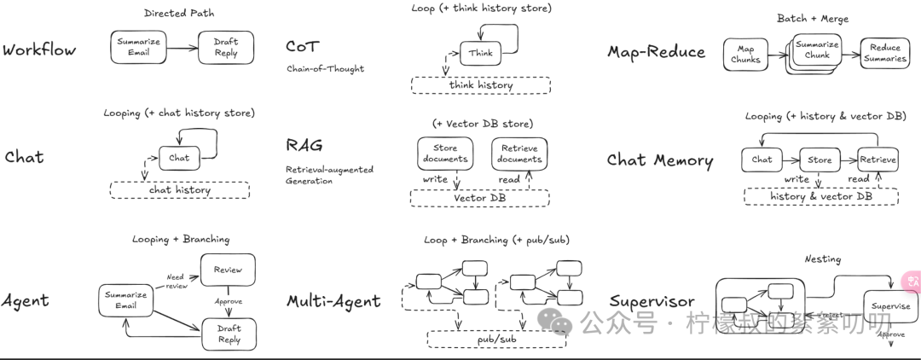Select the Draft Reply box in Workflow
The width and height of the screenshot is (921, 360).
click(225, 47)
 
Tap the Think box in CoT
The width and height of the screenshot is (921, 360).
click(480, 53)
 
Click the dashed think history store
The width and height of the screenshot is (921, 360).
click(480, 85)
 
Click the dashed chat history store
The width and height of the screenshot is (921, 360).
click(179, 190)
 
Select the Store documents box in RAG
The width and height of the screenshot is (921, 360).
click(445, 154)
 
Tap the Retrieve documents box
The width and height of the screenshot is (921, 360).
click(518, 154)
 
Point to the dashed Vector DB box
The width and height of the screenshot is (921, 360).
click(479, 198)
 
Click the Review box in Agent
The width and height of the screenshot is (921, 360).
click(228, 270)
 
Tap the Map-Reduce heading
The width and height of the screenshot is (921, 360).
click(656, 52)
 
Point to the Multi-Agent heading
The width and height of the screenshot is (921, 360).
click(333, 301)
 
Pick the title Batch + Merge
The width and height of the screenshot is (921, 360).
click(812, 19)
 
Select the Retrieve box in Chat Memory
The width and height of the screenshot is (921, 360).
click(877, 160)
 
